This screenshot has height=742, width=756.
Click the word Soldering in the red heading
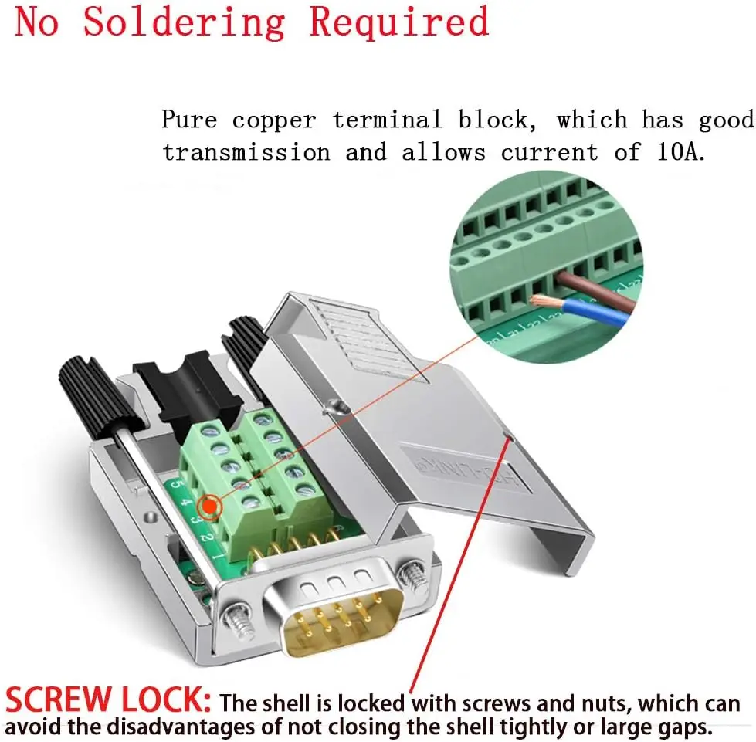184,22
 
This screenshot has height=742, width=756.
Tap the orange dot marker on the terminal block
208,507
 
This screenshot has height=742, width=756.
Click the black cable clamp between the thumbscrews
179,390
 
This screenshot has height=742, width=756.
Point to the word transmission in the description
246,152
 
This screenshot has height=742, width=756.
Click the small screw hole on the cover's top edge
334,406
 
